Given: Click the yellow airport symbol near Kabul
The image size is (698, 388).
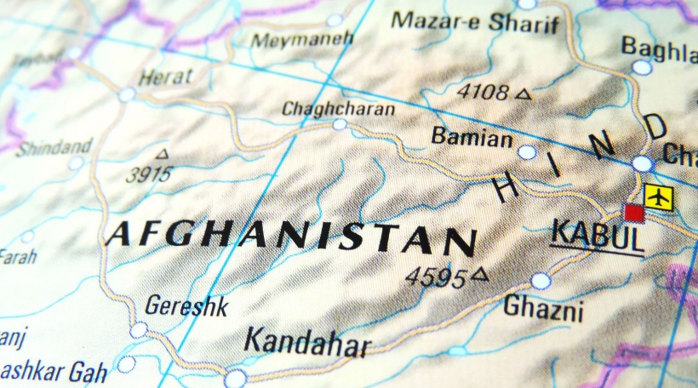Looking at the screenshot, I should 658,197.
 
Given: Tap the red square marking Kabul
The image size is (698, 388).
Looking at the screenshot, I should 633,213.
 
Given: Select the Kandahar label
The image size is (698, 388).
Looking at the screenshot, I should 307,342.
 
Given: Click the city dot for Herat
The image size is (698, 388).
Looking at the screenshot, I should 127,94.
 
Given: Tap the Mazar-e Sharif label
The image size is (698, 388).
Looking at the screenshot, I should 475,21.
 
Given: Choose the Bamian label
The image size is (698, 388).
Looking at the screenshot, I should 472,137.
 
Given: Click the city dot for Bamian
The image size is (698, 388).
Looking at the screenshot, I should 527,152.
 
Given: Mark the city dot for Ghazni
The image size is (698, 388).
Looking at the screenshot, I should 541,281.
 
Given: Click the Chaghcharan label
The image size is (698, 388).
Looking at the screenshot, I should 338,109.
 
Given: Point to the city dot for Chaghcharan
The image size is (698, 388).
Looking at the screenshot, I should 340,124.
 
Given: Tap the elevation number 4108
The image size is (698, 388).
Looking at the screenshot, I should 482,92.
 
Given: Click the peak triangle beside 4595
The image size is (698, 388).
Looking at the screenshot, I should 481,274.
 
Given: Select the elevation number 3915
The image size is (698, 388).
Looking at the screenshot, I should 148,174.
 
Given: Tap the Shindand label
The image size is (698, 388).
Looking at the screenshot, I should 54,147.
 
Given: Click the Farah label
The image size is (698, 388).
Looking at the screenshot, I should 17,255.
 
